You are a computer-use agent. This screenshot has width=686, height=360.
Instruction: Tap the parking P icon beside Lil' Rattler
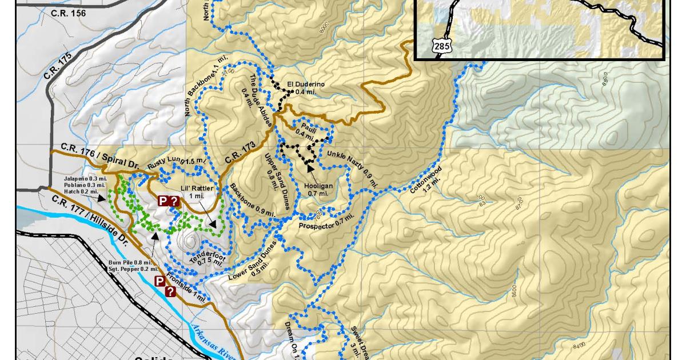click(x=163, y=201)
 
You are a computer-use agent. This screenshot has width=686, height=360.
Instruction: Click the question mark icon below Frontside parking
click(x=170, y=291)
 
